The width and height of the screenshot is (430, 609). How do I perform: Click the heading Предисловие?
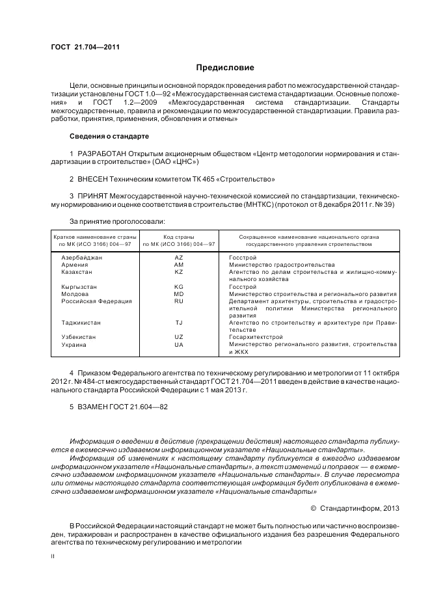225,68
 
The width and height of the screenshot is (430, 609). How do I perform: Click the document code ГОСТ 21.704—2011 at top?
85,47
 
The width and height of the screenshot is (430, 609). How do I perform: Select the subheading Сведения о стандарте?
109,136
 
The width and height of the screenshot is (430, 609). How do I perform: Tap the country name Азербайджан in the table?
81,258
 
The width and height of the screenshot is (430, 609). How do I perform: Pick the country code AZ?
179,258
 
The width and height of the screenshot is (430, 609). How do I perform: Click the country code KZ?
179,272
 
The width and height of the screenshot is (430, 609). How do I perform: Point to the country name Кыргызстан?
79,286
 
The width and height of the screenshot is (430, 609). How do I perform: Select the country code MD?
179,293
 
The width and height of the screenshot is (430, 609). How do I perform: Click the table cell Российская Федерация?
96,301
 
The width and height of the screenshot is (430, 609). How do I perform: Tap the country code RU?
179,301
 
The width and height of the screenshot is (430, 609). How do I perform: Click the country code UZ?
179,337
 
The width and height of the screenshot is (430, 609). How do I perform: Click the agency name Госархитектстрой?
256,337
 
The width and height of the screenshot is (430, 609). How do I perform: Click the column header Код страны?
179,237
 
